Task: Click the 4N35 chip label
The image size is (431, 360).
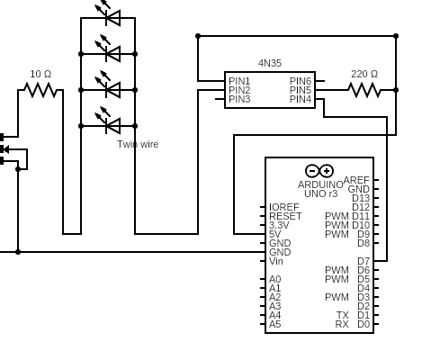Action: [270, 63]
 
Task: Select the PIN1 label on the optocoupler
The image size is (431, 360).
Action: [239, 81]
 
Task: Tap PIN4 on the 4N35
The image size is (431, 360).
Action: [301, 99]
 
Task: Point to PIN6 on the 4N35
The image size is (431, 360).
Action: [301, 81]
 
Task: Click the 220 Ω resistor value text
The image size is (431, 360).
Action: [364, 74]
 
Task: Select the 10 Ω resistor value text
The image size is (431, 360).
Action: [41, 74]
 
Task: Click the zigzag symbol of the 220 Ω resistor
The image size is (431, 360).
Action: [364, 90]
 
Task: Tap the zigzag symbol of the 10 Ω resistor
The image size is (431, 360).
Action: [40, 90]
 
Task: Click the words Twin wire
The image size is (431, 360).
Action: [138, 144]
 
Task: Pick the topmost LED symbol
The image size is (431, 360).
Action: [111, 17]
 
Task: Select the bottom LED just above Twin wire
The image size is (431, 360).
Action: [111, 125]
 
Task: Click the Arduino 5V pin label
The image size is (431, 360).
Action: [274, 234]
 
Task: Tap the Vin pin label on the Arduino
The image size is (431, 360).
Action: [276, 261]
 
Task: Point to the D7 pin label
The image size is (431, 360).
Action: [363, 261]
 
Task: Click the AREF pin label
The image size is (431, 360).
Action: [356, 180]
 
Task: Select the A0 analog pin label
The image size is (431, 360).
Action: [274, 279]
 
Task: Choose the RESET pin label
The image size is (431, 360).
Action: [285, 216]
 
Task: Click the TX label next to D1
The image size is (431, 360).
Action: [343, 315]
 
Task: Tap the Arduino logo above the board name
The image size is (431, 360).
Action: [319, 170]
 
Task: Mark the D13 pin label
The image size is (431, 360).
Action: [360, 198]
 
